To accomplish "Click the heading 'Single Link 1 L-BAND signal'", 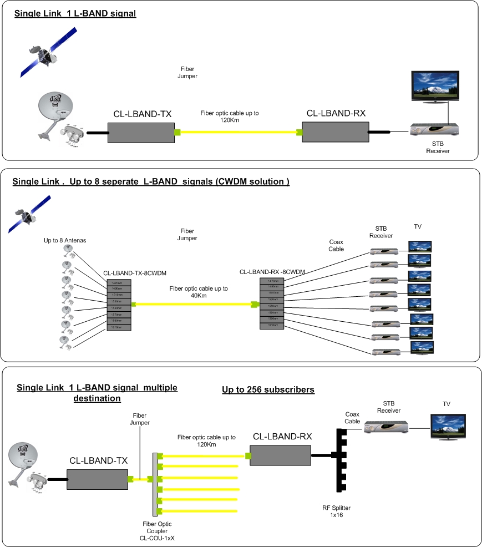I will [x=75, y=13].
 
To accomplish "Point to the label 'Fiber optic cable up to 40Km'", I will [x=199, y=292].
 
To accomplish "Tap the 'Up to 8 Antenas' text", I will [x=65, y=241].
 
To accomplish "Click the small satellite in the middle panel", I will [x=31, y=214].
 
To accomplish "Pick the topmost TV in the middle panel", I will [x=420, y=247].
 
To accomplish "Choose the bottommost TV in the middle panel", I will [x=422, y=348].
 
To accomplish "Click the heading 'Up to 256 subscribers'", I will [x=268, y=390].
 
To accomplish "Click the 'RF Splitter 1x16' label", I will [x=337, y=511].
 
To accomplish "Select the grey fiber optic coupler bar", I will [x=155, y=483].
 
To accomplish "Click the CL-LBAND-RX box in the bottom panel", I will [x=281, y=456].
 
